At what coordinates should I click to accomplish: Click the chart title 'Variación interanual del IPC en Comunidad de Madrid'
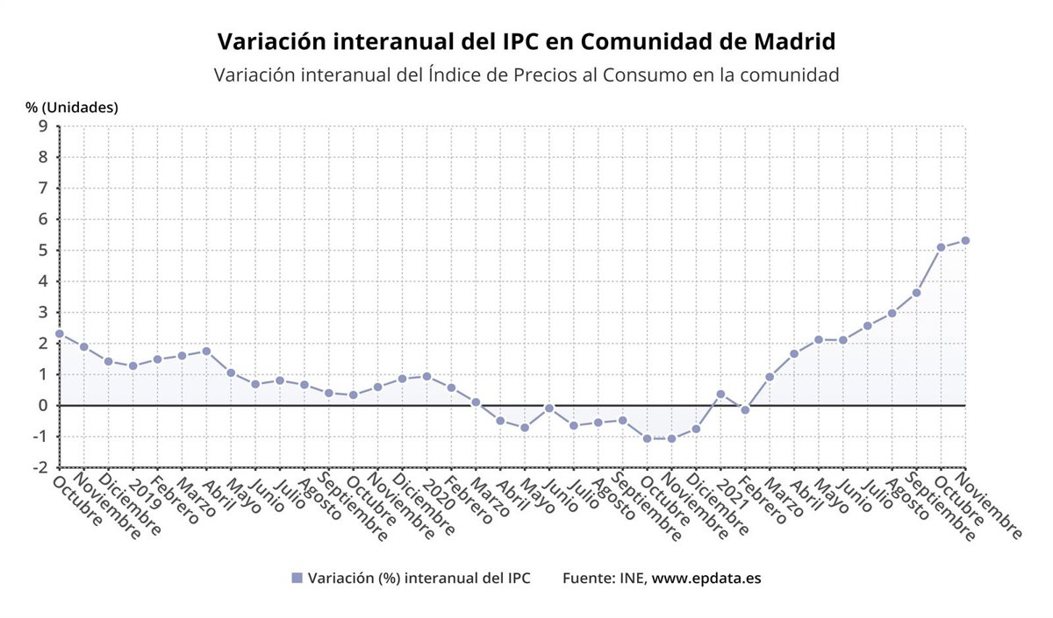click(526, 41)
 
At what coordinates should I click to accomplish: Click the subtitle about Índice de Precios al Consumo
click(526, 75)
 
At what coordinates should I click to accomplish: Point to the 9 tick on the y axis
click(42, 126)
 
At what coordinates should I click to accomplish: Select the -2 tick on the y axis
click(39, 468)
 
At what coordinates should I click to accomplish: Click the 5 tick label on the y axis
click(42, 251)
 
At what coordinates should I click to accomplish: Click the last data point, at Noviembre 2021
click(965, 240)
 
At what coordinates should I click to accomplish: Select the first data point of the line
click(60, 334)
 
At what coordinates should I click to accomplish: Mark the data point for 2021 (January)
click(720, 394)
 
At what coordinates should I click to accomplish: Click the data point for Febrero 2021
click(745, 409)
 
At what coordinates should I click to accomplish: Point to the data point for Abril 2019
click(206, 351)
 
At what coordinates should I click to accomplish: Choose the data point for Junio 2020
click(549, 408)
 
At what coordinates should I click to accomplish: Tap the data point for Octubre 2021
click(941, 247)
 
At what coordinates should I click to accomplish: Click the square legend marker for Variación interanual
click(297, 579)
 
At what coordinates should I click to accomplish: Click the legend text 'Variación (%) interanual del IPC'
click(419, 579)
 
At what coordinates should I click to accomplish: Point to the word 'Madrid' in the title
click(793, 41)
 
